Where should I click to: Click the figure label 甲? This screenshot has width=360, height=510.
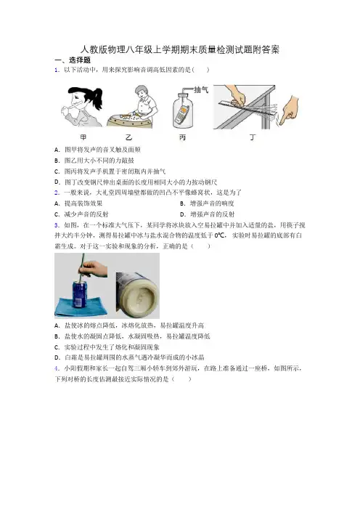pos(83,137)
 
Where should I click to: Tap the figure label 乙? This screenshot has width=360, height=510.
pos(129,137)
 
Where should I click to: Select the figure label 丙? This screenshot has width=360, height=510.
pos(182,137)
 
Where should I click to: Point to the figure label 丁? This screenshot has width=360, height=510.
pos(253,137)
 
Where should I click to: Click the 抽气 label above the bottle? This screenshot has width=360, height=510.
pos(201,90)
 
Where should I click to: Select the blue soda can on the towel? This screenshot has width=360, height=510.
pos(79,294)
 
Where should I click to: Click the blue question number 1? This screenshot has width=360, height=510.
pos(57,70)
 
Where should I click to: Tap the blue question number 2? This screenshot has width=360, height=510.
pos(57,193)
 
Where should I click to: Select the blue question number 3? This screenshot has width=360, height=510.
pos(57,225)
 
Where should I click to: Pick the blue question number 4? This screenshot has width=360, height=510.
pos(57,368)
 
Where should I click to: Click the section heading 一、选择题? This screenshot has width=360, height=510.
pos(73,60)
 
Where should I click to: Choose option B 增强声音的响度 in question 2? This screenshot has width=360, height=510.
pos(207,203)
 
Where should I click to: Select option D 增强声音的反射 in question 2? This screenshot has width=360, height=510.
pos(208,214)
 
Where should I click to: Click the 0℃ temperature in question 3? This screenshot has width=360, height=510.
pos(220,235)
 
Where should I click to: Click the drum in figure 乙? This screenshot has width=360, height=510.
pos(129,121)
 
